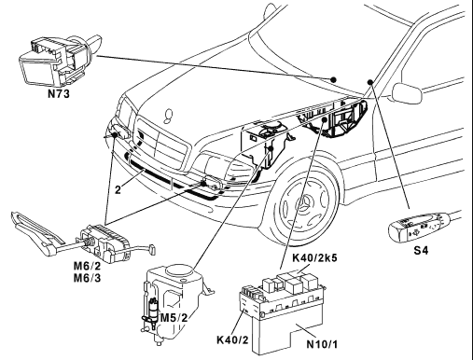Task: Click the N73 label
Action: tap(59, 93)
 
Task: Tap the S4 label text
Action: tap(421, 250)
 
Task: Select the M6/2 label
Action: tap(87, 266)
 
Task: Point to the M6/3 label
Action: tap(87, 278)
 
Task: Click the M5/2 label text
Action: tap(174, 318)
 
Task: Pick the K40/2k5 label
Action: tap(314, 258)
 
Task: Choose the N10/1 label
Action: tap(322, 344)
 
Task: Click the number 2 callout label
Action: tap(118, 189)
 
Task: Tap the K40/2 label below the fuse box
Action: tap(232, 339)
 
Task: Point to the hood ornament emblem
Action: tap(168, 116)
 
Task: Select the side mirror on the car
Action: tap(407, 92)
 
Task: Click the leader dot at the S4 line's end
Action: tap(370, 82)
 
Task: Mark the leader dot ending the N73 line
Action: tap(333, 79)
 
